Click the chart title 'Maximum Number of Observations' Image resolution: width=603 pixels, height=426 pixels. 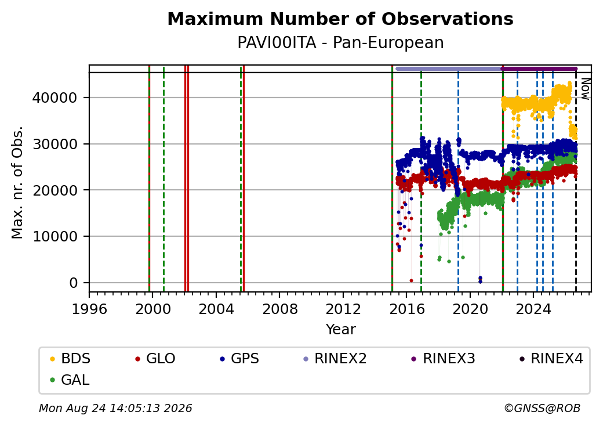pos(340,19)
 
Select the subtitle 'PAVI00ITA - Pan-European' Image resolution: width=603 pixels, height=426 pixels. pos(340,42)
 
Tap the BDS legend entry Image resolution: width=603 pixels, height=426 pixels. pos(70,359)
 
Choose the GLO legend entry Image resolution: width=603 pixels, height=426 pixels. pos(155,359)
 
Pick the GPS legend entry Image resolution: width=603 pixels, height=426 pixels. pos(239,359)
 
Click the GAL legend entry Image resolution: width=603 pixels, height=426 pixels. pos(70,380)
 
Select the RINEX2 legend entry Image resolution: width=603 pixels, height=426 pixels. pos(335,359)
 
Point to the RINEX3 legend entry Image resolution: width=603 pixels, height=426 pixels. pos(443,359)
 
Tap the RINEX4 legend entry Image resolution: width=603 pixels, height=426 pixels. pos(551,359)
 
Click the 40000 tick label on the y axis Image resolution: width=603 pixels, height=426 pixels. pos(55,98)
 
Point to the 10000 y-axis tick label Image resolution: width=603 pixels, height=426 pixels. pos(55,236)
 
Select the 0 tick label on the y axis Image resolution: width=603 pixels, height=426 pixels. pos(74,283)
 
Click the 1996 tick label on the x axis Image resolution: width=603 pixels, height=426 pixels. pos(89,309)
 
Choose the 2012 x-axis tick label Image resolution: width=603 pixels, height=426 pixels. pos(343,309)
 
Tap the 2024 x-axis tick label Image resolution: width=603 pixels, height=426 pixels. pos(533,309)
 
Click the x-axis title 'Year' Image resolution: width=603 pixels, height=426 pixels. pos(340,330)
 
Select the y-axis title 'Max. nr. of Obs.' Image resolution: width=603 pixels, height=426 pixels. pos(17,182)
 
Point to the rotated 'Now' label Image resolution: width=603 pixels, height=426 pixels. pos(585,89)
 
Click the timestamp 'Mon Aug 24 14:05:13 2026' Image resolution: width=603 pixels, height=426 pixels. pos(115,408)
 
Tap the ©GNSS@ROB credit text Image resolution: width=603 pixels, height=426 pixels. pos(542,408)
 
